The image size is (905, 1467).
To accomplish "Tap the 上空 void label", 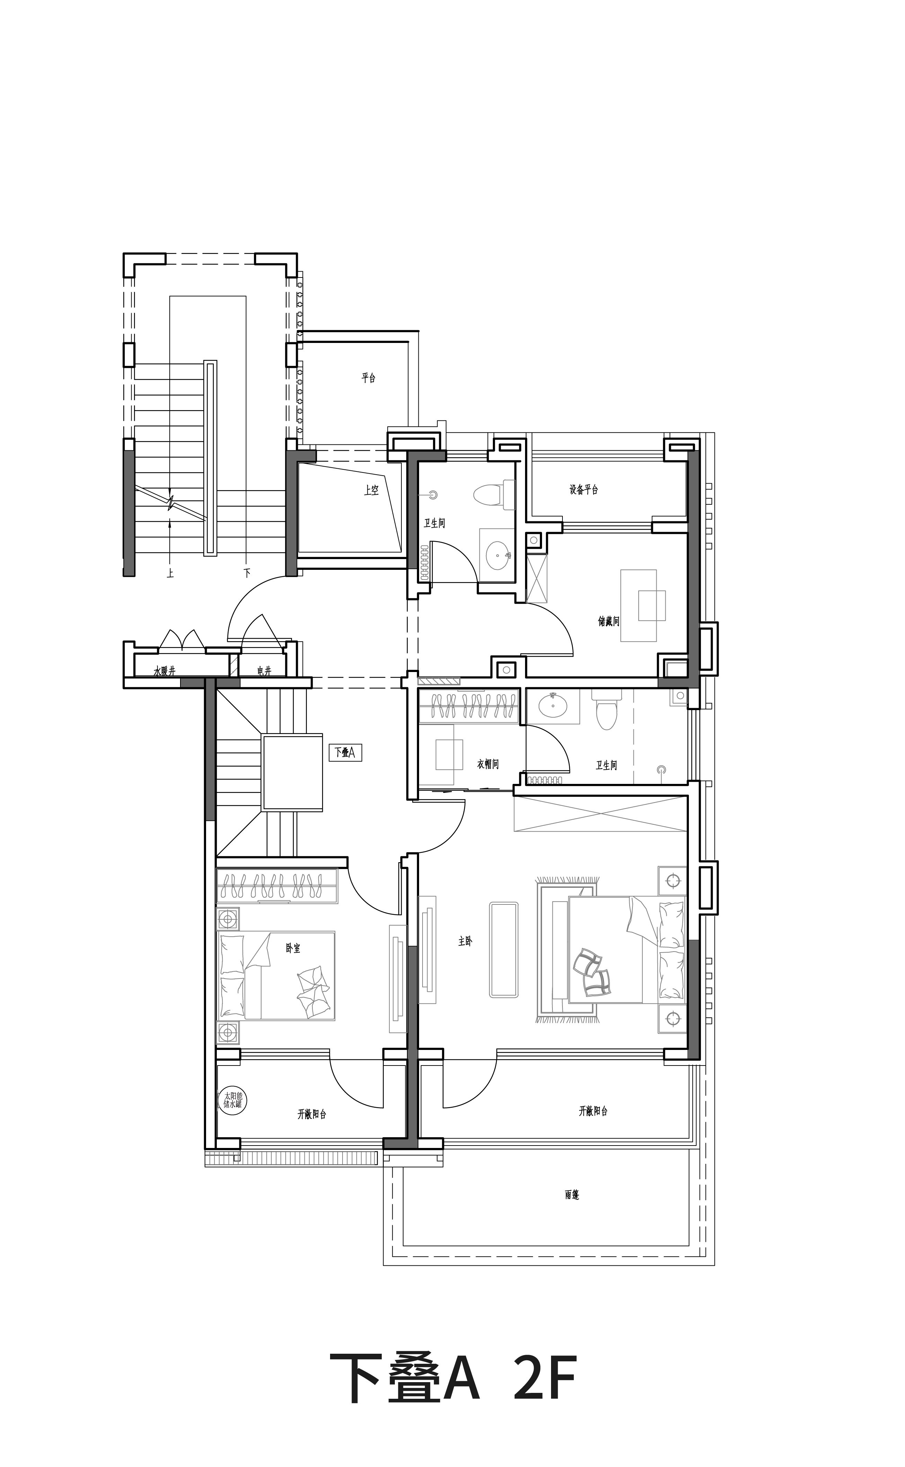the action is (x=371, y=490).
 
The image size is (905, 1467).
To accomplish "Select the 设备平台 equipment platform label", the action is (x=584, y=489).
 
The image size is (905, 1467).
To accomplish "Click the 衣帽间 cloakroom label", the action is (x=488, y=764).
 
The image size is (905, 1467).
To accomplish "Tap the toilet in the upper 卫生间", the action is (x=494, y=494).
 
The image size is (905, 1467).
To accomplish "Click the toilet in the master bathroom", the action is (x=606, y=709).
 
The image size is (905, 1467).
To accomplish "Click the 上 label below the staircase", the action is (x=171, y=573).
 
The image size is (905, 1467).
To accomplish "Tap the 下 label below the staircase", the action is (x=247, y=573).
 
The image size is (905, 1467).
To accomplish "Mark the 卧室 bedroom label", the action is (x=293, y=948).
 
